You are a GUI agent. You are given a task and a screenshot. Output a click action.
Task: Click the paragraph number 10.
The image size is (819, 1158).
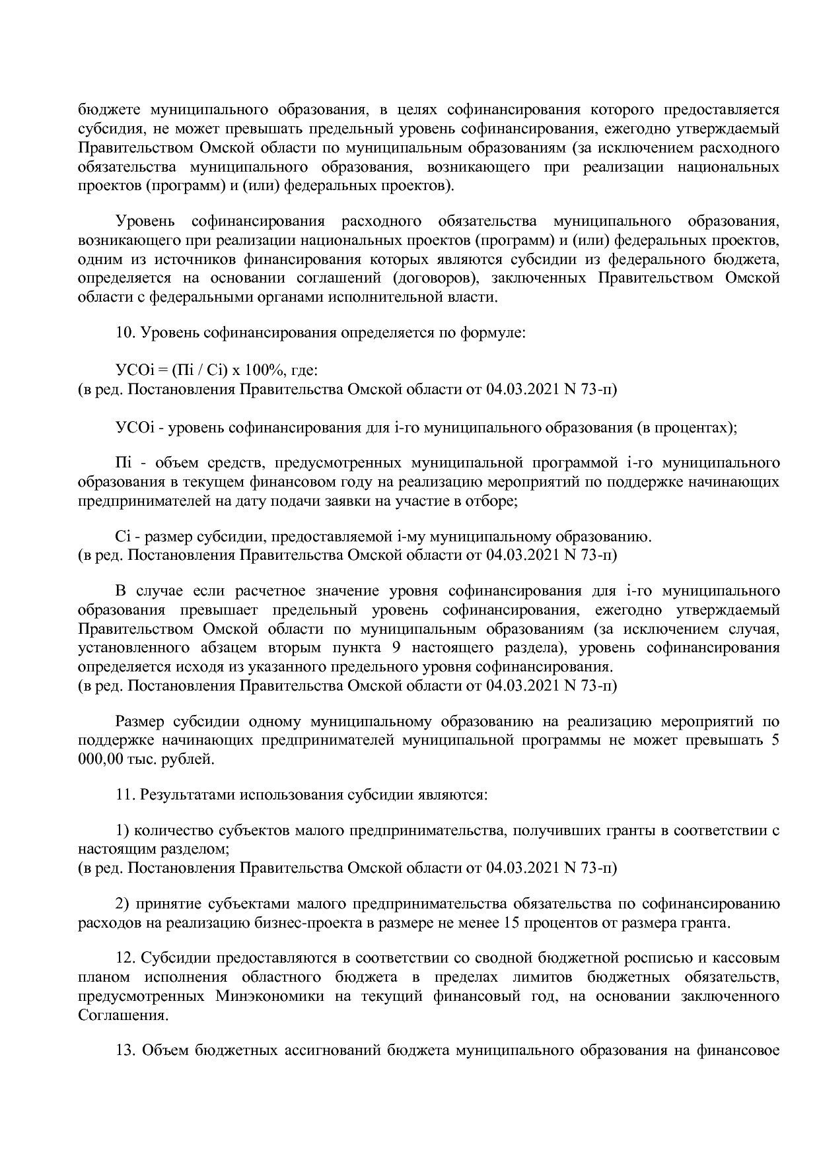point(124,334)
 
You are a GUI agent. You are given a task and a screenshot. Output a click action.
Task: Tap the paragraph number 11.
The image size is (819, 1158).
point(124,794)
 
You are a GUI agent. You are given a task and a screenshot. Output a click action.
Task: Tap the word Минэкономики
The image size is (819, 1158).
point(270,996)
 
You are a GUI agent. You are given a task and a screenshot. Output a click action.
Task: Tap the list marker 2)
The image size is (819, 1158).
point(123,904)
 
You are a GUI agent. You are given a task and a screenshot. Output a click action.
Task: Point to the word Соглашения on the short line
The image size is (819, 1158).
point(121,1014)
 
